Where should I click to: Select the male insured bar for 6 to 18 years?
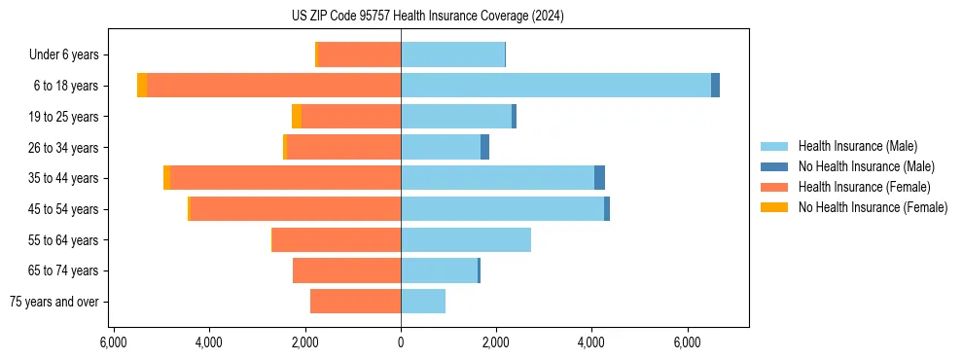[x=555, y=86]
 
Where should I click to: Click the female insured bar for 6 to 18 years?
[x=273, y=86]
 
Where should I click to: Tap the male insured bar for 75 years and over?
[x=423, y=302]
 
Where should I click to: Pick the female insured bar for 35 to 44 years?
[x=285, y=178]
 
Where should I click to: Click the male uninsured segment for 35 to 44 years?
[x=599, y=178]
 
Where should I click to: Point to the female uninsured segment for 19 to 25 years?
[x=297, y=117]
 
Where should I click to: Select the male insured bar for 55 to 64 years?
[x=466, y=239]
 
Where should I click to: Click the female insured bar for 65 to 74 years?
[x=346, y=270]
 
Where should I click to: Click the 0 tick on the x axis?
[x=401, y=342]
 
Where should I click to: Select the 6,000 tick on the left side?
[x=114, y=342]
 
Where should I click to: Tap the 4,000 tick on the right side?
[x=591, y=342]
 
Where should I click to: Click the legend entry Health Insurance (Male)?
[x=857, y=146]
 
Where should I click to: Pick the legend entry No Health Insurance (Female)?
[x=873, y=207]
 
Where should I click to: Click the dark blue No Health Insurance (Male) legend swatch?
[x=774, y=166]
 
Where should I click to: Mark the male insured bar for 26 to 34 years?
[x=441, y=148]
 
